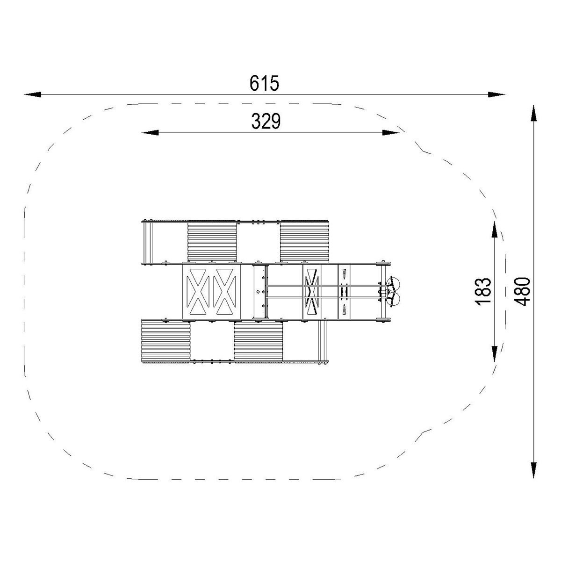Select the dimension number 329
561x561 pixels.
click(x=266, y=121)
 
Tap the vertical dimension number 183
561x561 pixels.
click(x=483, y=291)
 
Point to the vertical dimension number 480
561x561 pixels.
click(x=522, y=291)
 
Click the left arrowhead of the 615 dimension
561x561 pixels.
click(x=33, y=94)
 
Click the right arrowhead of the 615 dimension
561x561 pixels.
click(x=496, y=94)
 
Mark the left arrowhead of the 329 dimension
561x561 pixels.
click(x=150, y=133)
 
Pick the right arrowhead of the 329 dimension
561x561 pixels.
click(x=390, y=133)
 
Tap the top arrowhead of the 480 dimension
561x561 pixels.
click(x=533, y=113)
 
